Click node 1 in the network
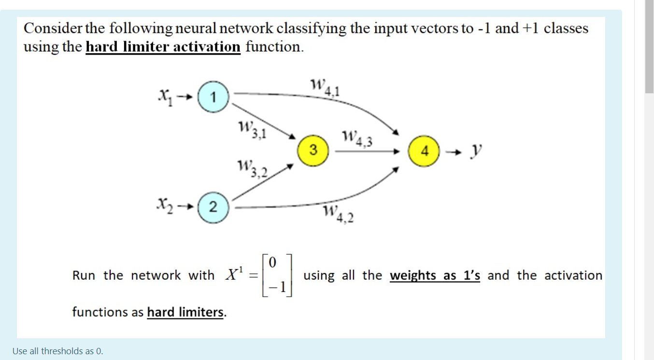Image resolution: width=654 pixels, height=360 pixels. click(213, 98)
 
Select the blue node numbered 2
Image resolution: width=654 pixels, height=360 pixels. click(213, 207)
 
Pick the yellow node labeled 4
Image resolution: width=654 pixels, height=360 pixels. click(425, 151)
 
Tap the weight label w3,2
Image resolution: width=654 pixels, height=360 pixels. click(252, 169)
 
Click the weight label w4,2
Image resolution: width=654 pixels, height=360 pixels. click(338, 214)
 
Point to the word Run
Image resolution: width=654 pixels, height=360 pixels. click(84, 275)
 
